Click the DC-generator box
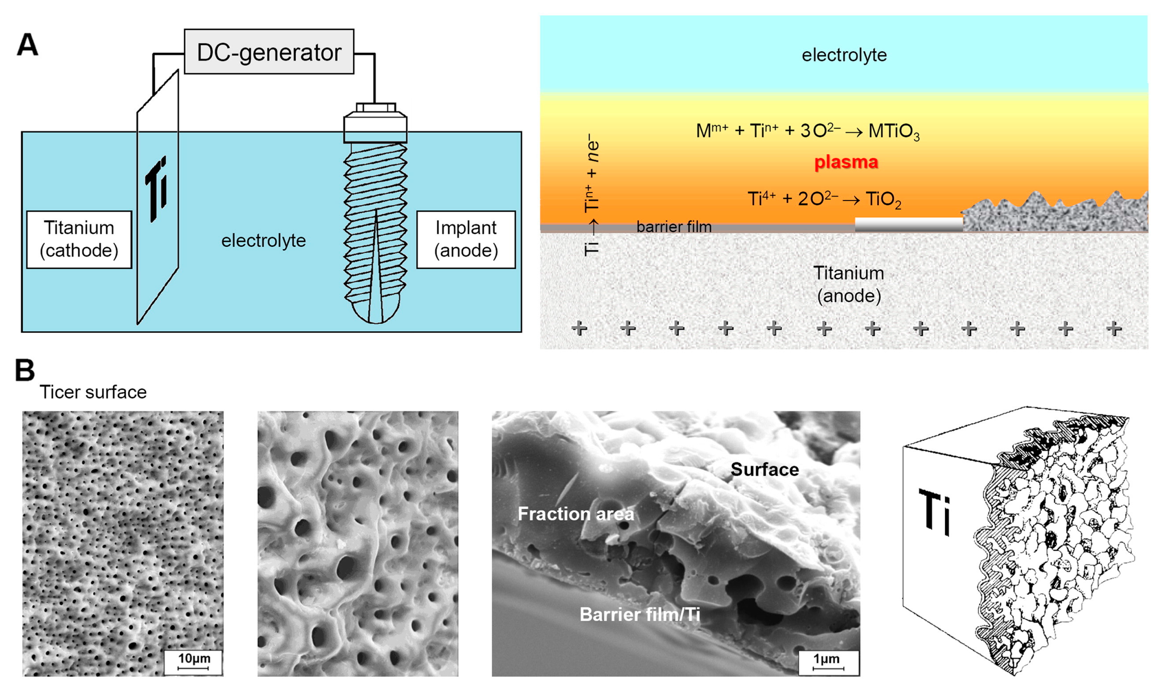pyautogui.click(x=269, y=52)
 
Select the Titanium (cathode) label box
pyautogui.click(x=79, y=239)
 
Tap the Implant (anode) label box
pyautogui.click(x=466, y=239)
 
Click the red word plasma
pyautogui.click(x=846, y=162)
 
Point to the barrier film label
pyautogui.click(x=674, y=227)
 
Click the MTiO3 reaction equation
pyautogui.click(x=807, y=131)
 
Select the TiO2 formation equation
pyautogui.click(x=824, y=199)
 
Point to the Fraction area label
pyautogui.click(x=575, y=514)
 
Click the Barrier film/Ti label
pyautogui.click(x=639, y=614)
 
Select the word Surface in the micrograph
pyautogui.click(x=764, y=470)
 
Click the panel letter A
pyautogui.click(x=27, y=45)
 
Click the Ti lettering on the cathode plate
pyautogui.click(x=157, y=189)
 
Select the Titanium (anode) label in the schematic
pyautogui.click(x=848, y=284)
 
